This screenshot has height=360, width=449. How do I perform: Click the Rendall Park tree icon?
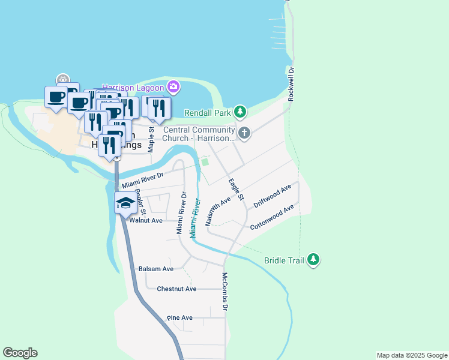[240, 111]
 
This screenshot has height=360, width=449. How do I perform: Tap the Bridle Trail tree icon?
[313, 260]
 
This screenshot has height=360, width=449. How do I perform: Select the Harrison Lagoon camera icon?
[173, 87]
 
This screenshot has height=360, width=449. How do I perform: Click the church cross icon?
[244, 133]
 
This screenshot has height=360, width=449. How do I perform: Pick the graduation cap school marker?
[125, 203]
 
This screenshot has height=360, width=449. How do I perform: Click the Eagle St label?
[236, 188]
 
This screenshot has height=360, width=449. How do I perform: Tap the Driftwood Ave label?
[272, 196]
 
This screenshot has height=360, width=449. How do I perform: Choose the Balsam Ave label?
[155, 269]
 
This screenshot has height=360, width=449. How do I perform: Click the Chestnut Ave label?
[176, 289]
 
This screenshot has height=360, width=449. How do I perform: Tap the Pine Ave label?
[179, 317]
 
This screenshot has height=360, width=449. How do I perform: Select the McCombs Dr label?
[225, 292]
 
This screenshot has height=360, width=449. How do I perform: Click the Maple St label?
[152, 137]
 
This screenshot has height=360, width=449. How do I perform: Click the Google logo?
[20, 353]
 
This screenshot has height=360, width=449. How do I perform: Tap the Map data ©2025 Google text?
[411, 355]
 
